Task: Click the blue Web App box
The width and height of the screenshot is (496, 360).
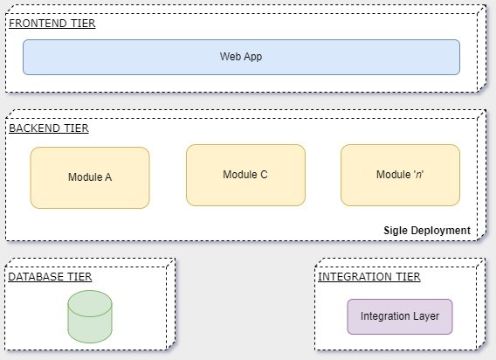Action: point(241,57)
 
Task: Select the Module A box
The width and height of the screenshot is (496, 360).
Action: point(90,177)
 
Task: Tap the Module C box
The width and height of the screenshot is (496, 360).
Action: point(245,175)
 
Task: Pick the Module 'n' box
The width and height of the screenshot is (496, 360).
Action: point(400,175)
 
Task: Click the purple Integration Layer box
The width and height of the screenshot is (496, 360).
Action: point(400,316)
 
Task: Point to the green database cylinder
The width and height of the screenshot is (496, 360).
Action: point(90,316)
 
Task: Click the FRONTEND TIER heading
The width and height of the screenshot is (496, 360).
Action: point(52,24)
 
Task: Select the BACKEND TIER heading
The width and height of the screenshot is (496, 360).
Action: point(49,128)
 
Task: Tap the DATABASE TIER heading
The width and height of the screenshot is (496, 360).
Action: point(50,277)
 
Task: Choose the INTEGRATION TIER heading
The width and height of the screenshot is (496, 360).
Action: point(369,277)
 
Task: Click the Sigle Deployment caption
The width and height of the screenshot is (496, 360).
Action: point(427,231)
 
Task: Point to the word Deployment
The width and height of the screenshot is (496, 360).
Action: point(441,231)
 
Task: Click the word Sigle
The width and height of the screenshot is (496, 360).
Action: point(396,231)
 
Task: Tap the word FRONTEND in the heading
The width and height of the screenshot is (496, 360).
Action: point(38,24)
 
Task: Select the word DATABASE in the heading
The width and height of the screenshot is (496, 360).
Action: point(31,277)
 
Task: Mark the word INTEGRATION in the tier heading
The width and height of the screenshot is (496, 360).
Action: point(350,277)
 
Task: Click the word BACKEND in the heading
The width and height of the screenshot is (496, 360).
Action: point(34,128)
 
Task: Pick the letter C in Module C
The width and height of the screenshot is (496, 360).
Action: point(264,175)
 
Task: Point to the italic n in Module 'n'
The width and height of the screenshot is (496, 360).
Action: point(418,175)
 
